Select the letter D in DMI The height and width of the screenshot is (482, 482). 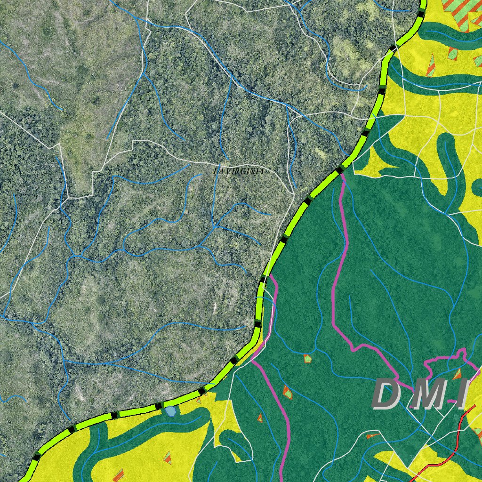pyautogui.click(x=389, y=394)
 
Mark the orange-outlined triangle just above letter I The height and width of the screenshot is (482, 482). pyautogui.click(x=457, y=375)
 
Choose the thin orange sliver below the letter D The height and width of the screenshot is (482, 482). pyautogui.click(x=372, y=436)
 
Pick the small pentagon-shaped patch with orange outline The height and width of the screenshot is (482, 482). pyautogui.click(x=307, y=359)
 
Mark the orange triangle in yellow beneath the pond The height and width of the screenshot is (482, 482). pyautogui.click(x=167, y=457)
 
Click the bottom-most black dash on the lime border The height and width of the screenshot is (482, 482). pyautogui.click(x=36, y=456)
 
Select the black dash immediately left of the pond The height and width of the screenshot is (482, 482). pyautogui.click(x=159, y=405)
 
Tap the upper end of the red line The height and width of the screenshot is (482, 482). pyautogui.click(x=474, y=406)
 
